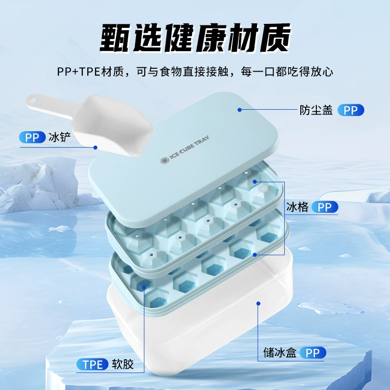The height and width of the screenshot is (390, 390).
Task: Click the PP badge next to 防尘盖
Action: (x=351, y=110)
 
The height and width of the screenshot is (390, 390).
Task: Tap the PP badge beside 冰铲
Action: (x=32, y=137)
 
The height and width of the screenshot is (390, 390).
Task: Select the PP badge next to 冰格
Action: (x=325, y=207)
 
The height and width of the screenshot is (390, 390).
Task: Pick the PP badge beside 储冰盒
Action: (x=312, y=352)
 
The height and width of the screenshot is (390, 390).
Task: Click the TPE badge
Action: (x=93, y=364)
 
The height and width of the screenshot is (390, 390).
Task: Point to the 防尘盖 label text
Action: (x=316, y=110)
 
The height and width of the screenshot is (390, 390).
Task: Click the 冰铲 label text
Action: (x=59, y=137)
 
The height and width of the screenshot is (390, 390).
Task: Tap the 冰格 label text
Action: (x=297, y=207)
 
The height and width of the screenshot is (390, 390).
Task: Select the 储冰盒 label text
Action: (x=280, y=352)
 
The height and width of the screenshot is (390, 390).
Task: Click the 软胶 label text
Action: (x=123, y=364)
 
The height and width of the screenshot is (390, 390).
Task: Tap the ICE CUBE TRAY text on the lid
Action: (x=189, y=148)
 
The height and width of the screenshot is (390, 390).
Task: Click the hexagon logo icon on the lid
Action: (x=164, y=161)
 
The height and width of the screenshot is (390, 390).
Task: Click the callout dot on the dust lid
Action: (x=239, y=110)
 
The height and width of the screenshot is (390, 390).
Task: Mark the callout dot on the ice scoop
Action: (x=95, y=148)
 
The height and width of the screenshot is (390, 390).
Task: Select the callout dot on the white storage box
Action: (x=258, y=303)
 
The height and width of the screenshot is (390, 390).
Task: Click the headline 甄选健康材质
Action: (x=195, y=38)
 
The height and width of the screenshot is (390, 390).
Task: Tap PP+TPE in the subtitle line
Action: (x=78, y=72)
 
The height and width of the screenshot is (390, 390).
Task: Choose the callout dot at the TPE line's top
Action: (x=144, y=288)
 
